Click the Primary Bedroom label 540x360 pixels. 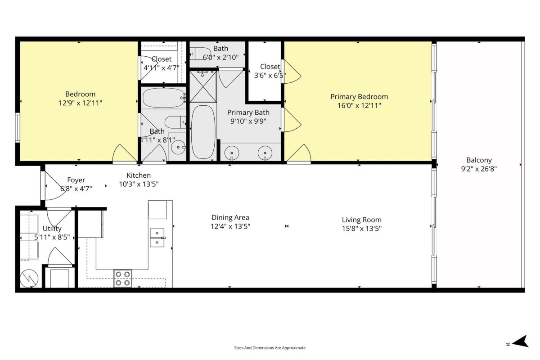359,97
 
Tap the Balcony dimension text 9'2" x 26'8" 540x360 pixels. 479,169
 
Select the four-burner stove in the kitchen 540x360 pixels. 123,278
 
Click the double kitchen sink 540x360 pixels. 157,238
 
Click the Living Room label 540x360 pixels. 362,220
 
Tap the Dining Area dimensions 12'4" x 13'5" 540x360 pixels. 230,226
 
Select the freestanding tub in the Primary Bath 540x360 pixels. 203,132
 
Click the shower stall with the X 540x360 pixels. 203,86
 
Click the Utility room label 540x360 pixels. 52,228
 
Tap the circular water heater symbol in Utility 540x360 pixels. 29,279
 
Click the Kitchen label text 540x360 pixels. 139,175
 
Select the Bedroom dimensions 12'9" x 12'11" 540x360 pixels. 80,103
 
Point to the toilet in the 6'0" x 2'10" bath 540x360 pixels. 200,53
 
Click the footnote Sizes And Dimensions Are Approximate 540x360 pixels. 270,348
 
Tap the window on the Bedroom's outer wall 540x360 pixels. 18,127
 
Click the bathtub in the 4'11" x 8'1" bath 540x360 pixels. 164,98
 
